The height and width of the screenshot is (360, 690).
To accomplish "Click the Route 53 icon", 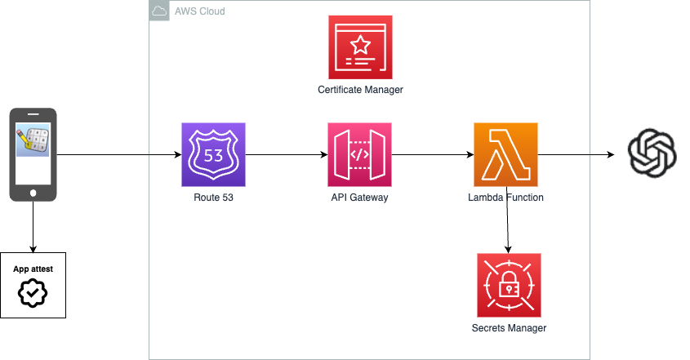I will click(x=213, y=154).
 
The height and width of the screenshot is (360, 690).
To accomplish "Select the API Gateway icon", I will click(x=359, y=154).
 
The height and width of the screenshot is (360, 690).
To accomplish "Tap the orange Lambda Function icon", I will click(x=505, y=154).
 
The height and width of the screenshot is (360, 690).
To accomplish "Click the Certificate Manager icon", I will click(x=359, y=47).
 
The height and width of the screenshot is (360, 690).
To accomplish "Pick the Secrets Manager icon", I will click(x=509, y=285).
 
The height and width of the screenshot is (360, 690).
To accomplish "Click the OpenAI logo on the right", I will click(x=652, y=153).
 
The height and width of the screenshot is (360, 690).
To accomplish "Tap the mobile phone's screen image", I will click(x=33, y=142).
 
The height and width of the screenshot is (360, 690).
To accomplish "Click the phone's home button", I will click(x=33, y=192).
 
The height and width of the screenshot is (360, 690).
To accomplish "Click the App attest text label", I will click(x=33, y=268).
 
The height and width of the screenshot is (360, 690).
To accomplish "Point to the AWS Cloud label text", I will click(x=199, y=12).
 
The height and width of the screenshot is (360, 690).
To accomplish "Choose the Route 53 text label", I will click(x=213, y=198).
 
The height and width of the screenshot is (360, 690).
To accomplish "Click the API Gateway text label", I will click(x=359, y=198).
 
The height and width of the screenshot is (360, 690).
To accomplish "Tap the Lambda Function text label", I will click(x=505, y=198).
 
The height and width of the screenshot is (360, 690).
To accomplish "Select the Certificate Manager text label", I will click(x=360, y=90).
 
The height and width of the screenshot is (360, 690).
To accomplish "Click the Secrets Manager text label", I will click(x=509, y=328).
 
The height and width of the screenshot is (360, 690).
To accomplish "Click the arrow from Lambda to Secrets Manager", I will click(x=508, y=224).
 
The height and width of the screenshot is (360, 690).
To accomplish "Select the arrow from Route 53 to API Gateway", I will click(x=286, y=154).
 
